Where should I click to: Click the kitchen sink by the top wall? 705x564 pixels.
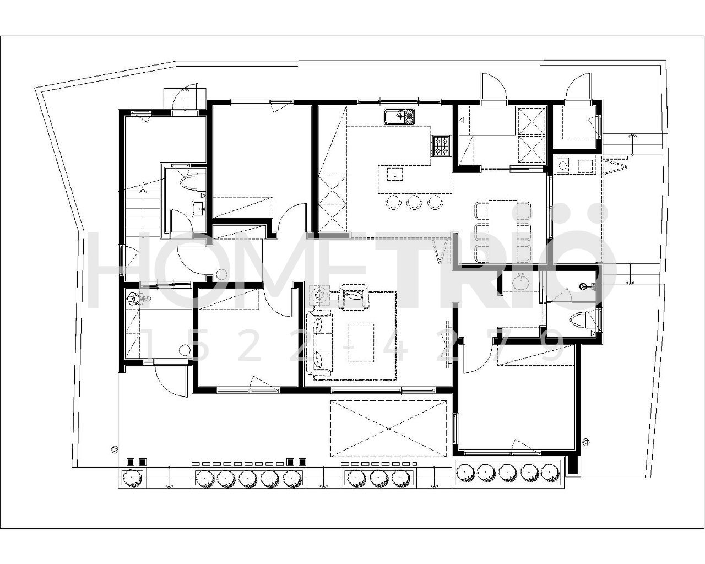[399, 116]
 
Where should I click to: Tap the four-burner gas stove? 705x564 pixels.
[441, 146]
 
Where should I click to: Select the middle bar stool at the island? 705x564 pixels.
[414, 202]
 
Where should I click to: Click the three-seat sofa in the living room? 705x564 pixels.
[320, 344]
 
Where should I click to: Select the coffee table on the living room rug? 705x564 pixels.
[361, 343]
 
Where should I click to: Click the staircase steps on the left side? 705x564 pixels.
[135, 213]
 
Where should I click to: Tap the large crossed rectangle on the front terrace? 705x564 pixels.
[388, 429]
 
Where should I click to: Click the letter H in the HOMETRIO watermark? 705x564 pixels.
[115, 270]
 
